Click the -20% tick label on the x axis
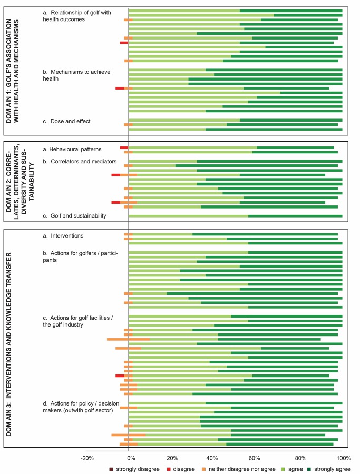point(87,458)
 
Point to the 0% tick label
point(131,458)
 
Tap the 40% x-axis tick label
point(212,458)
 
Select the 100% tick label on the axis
point(344,458)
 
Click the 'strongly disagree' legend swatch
point(111,469)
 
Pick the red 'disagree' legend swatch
point(169,469)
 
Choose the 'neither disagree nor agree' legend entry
point(239,469)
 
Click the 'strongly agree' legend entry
point(328,469)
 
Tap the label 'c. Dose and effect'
point(66,121)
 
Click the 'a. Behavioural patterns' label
point(72,149)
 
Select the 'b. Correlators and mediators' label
point(80,162)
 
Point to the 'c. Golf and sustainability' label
point(74,215)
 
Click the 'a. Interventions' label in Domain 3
point(63,236)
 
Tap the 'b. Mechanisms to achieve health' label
point(76,75)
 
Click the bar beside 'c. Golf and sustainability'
point(236,216)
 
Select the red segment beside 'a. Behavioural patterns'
point(124,147)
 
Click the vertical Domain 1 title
point(12,71)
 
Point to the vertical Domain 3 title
point(8,344)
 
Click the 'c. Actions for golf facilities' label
point(78,321)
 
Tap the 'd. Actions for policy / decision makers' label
point(81,407)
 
